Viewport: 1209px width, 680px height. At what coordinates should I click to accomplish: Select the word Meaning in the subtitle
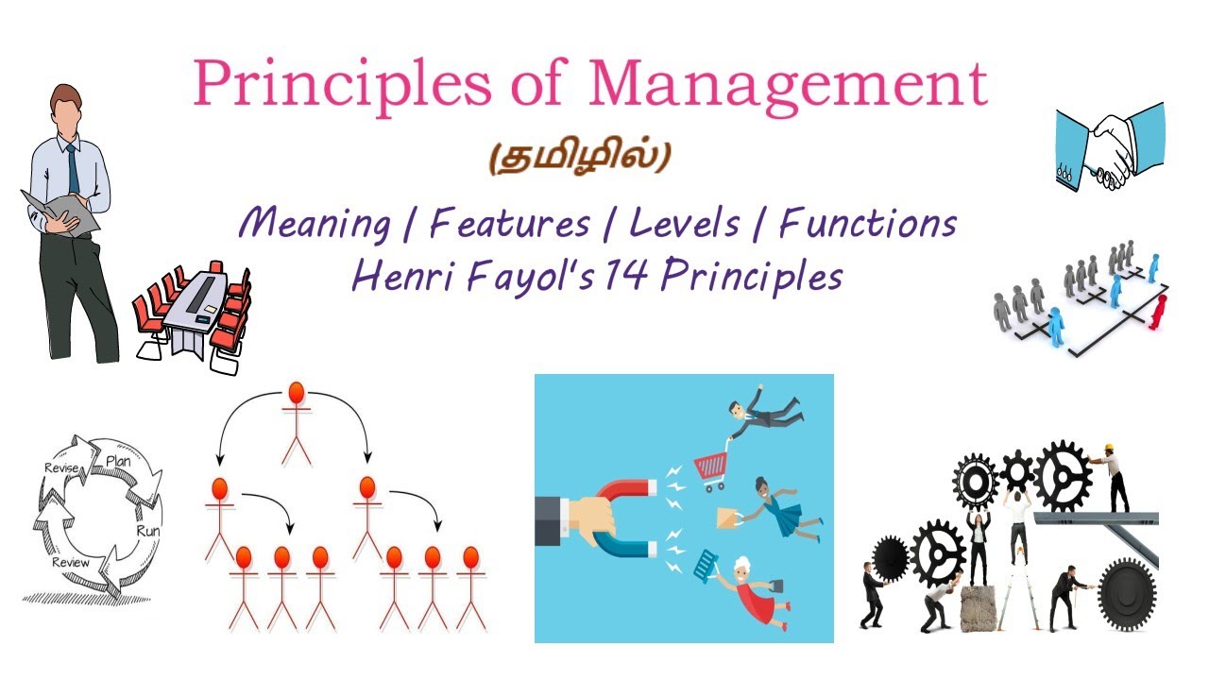[314, 225]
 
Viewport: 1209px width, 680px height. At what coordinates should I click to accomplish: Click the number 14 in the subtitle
[624, 277]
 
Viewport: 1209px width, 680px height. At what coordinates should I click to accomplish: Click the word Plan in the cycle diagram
[118, 461]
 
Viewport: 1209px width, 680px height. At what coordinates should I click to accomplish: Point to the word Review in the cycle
[71, 563]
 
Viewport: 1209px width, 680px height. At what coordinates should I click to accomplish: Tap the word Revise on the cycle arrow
[61, 467]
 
